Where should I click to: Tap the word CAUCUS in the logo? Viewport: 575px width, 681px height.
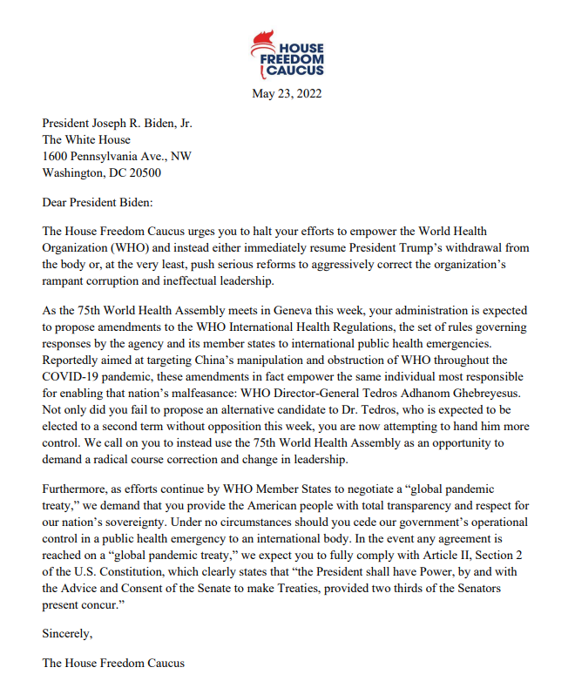coord(296,71)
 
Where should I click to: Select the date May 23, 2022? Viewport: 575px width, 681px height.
coord(287,94)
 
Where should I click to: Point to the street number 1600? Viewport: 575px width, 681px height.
coord(57,156)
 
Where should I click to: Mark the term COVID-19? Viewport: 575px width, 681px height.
coord(73,376)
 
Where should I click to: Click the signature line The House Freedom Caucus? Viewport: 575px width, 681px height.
coord(113,663)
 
